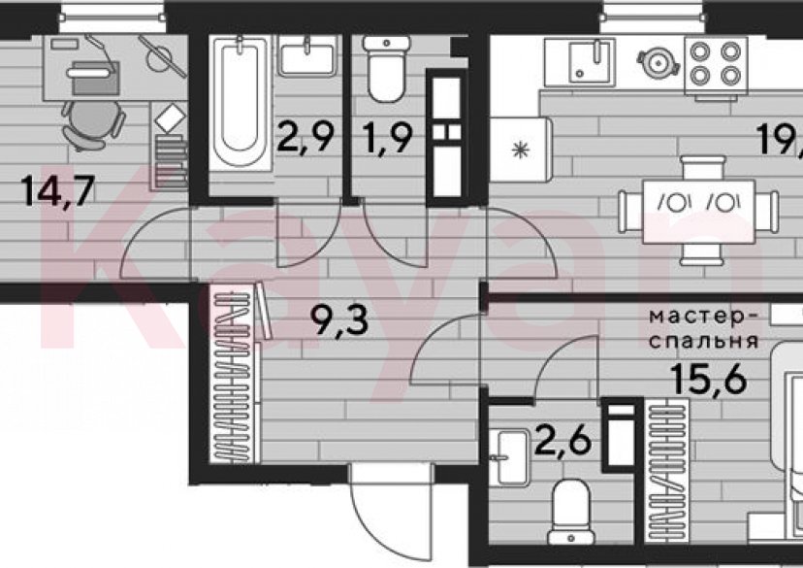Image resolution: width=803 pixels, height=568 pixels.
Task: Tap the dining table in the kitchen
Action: point(698,206)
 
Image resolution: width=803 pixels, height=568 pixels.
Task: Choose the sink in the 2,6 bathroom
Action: point(506,457)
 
